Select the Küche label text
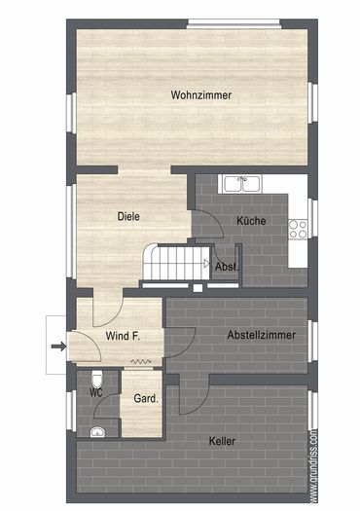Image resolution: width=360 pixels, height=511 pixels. pyautogui.click(x=251, y=221)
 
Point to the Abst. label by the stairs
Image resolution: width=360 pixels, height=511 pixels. pyautogui.click(x=228, y=266)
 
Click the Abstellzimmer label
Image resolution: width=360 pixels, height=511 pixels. pyautogui.click(x=258, y=335)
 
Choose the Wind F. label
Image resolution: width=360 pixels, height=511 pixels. pyautogui.click(x=123, y=336)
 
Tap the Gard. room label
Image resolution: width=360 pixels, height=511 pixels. pyautogui.click(x=146, y=398)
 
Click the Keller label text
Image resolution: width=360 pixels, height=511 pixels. pyautogui.click(x=222, y=441)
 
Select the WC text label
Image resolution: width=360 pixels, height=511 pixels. pyautogui.click(x=95, y=392)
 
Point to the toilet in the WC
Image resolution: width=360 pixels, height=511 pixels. pyautogui.click(x=96, y=378)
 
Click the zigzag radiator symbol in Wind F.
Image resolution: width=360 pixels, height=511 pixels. pyautogui.click(x=142, y=360)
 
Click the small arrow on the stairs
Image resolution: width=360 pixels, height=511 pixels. pyautogui.click(x=207, y=262)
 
